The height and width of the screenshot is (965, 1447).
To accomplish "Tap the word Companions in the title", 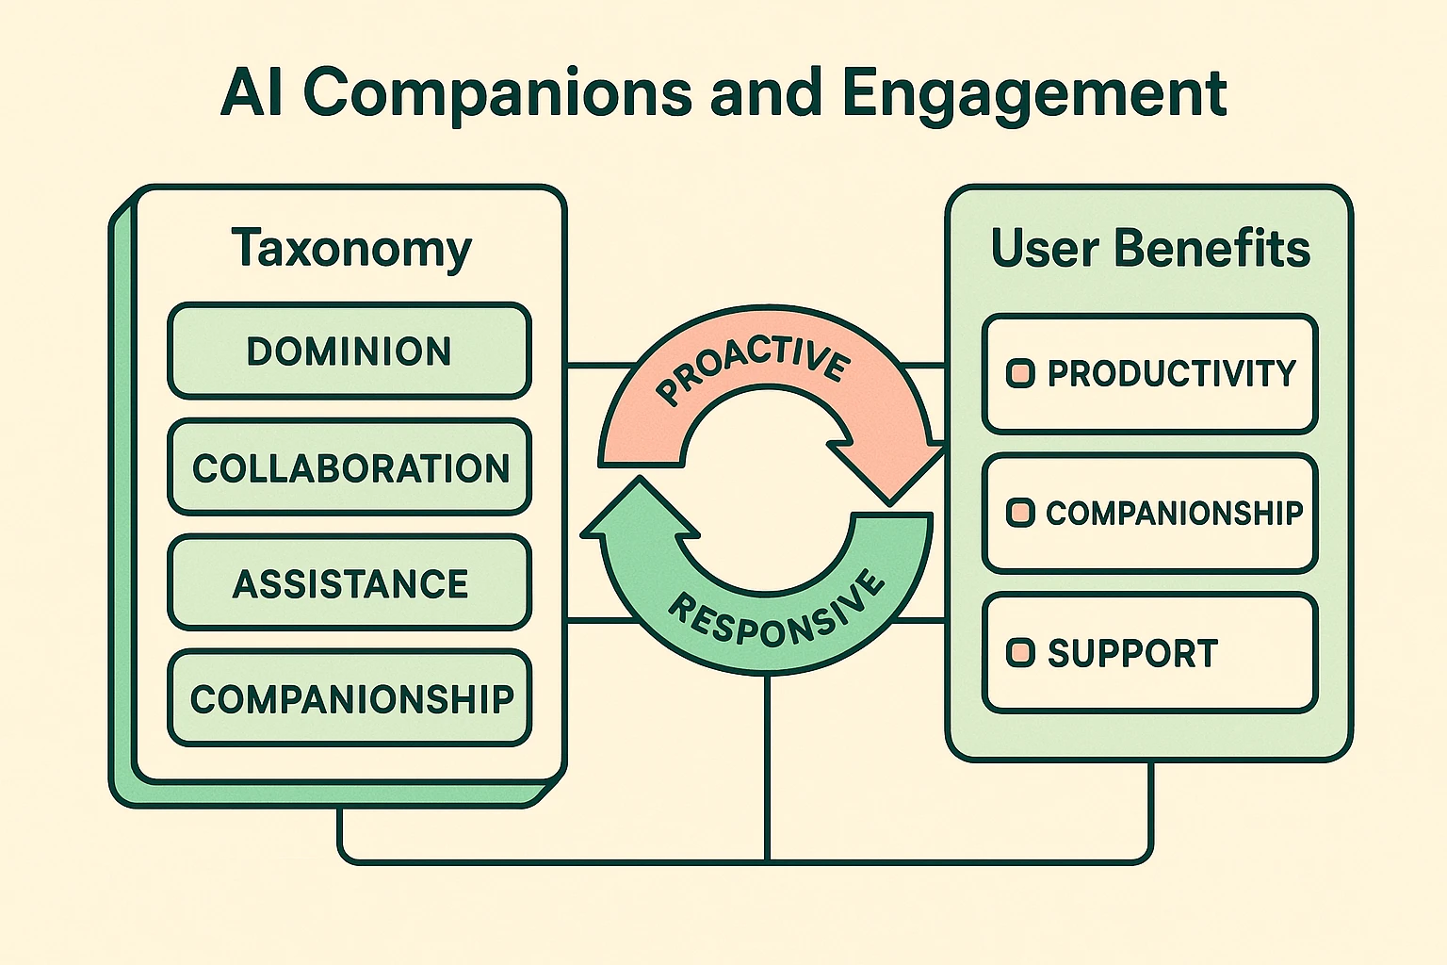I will pos(496,93).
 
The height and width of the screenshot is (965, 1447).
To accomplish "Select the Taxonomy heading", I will pos(350,249).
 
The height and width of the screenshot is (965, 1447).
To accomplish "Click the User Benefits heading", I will pos(1149,249).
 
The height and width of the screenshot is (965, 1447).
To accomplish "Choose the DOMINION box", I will pos(350,352).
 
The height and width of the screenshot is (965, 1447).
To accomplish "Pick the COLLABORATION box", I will pos(350,467).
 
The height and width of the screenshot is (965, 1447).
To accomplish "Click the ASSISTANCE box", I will pos(350,583).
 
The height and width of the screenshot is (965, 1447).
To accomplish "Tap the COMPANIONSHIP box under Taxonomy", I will pos(350,698).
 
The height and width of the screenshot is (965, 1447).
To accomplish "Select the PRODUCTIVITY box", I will pos(1149,374).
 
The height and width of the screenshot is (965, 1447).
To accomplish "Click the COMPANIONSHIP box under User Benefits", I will pos(1149,514).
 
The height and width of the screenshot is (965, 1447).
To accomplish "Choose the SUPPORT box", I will pos(1149,653).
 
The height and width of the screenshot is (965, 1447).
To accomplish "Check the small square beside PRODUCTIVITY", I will pos(1020,373).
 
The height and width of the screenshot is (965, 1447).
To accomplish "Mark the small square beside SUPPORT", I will pos(1020,652).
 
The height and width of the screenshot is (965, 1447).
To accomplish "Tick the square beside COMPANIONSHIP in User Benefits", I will pos(1020,513).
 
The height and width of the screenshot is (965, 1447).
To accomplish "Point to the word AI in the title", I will pos(252,93).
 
